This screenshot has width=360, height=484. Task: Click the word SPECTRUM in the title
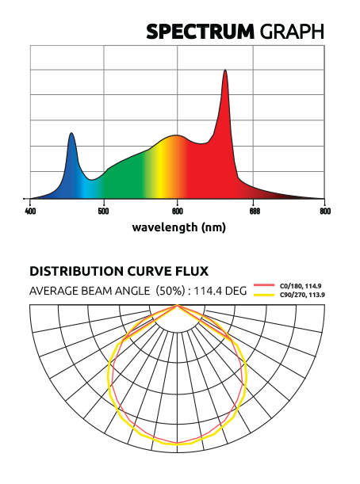(x=197, y=32)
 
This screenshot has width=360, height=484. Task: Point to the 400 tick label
(x=30, y=212)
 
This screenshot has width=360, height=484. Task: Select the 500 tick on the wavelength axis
(x=103, y=212)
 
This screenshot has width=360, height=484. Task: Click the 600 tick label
(x=177, y=212)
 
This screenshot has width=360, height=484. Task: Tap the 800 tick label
(x=324, y=212)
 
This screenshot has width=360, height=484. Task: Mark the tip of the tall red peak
(x=225, y=70)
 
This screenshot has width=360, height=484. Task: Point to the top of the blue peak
(x=71, y=133)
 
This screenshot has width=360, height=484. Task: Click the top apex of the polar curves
(x=178, y=306)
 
